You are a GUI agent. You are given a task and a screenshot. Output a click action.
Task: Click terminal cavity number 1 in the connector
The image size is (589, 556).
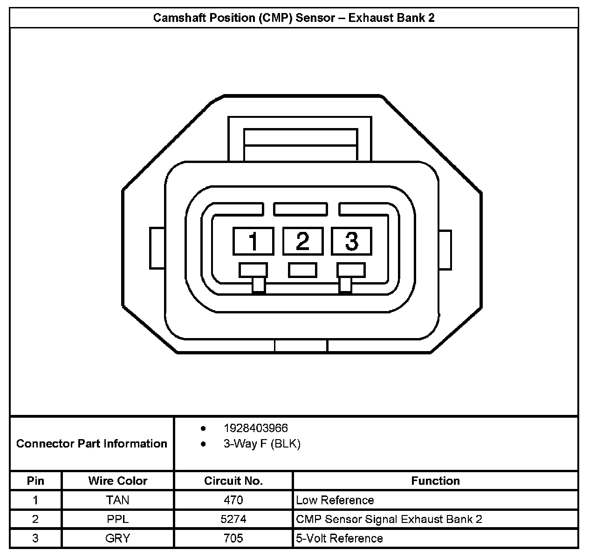253,241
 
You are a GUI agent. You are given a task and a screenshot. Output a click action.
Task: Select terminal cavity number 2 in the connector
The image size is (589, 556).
302,241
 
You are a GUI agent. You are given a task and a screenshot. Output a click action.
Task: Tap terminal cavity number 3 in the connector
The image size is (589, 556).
351,241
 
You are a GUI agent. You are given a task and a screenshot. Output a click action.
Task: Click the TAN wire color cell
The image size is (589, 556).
117,500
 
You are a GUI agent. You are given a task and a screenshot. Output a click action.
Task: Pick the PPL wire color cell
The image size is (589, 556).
117,519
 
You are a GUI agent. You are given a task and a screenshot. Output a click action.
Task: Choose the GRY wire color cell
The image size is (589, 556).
117,538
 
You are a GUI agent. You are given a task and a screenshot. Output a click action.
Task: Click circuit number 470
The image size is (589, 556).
233,500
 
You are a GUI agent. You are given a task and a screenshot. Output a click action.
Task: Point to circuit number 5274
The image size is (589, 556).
233,519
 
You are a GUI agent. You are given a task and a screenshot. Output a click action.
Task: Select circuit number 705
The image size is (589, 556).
233,538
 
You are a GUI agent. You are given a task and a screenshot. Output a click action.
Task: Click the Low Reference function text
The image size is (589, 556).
335,500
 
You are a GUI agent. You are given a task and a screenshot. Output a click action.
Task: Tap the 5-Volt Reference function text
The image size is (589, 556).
339,538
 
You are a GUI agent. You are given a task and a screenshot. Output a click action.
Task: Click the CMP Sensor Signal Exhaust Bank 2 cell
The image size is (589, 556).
389,519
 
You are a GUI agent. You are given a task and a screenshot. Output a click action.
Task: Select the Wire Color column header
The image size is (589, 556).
117,481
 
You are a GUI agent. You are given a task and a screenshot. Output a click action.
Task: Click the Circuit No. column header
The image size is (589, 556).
233,481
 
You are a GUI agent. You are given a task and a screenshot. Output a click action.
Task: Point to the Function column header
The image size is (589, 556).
435,481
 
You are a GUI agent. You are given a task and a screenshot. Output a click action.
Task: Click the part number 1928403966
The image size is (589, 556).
255,428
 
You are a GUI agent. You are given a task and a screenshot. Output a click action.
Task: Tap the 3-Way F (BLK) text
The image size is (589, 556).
262,444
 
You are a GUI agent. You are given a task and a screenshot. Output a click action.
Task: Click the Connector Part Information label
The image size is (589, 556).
91,443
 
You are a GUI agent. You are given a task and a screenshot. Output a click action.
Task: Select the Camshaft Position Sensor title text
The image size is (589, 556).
294,18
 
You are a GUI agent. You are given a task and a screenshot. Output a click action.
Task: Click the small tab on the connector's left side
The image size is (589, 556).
157,248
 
